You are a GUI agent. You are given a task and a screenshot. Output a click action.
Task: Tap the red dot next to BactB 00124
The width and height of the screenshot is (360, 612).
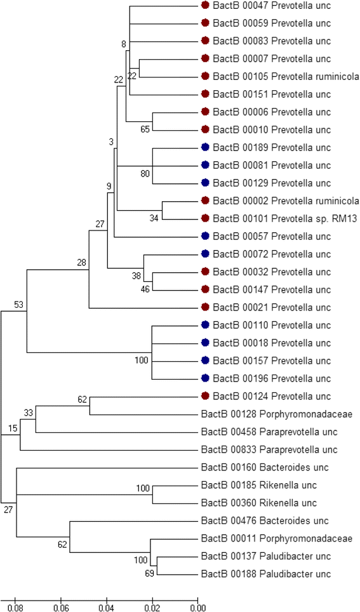(x=205, y=397)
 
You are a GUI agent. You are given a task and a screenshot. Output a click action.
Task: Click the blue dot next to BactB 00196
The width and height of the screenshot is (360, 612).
(x=205, y=379)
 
